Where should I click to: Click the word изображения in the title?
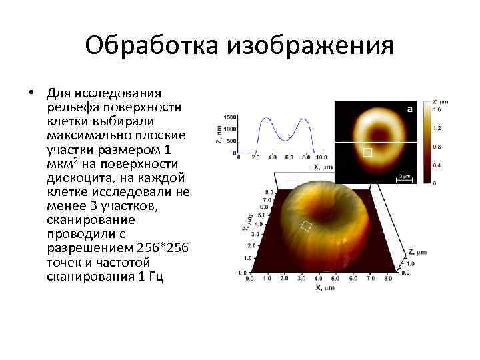click(x=311, y=47)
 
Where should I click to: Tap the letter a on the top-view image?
click(x=409, y=108)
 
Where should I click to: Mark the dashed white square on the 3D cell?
click(x=306, y=225)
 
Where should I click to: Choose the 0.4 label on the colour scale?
click(x=437, y=164)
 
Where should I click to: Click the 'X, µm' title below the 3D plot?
click(x=325, y=288)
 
